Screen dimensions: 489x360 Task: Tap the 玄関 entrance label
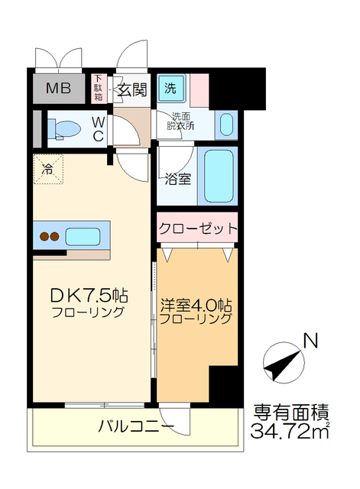coord(131,89)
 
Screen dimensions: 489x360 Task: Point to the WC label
coord(99,128)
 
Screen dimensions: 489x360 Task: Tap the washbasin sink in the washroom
coord(226,125)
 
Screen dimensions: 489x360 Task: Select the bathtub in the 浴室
coord(217,176)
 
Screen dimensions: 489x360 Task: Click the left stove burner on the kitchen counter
coord(45,237)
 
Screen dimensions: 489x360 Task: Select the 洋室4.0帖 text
coord(196,303)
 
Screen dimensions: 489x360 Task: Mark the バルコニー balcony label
coord(136,426)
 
